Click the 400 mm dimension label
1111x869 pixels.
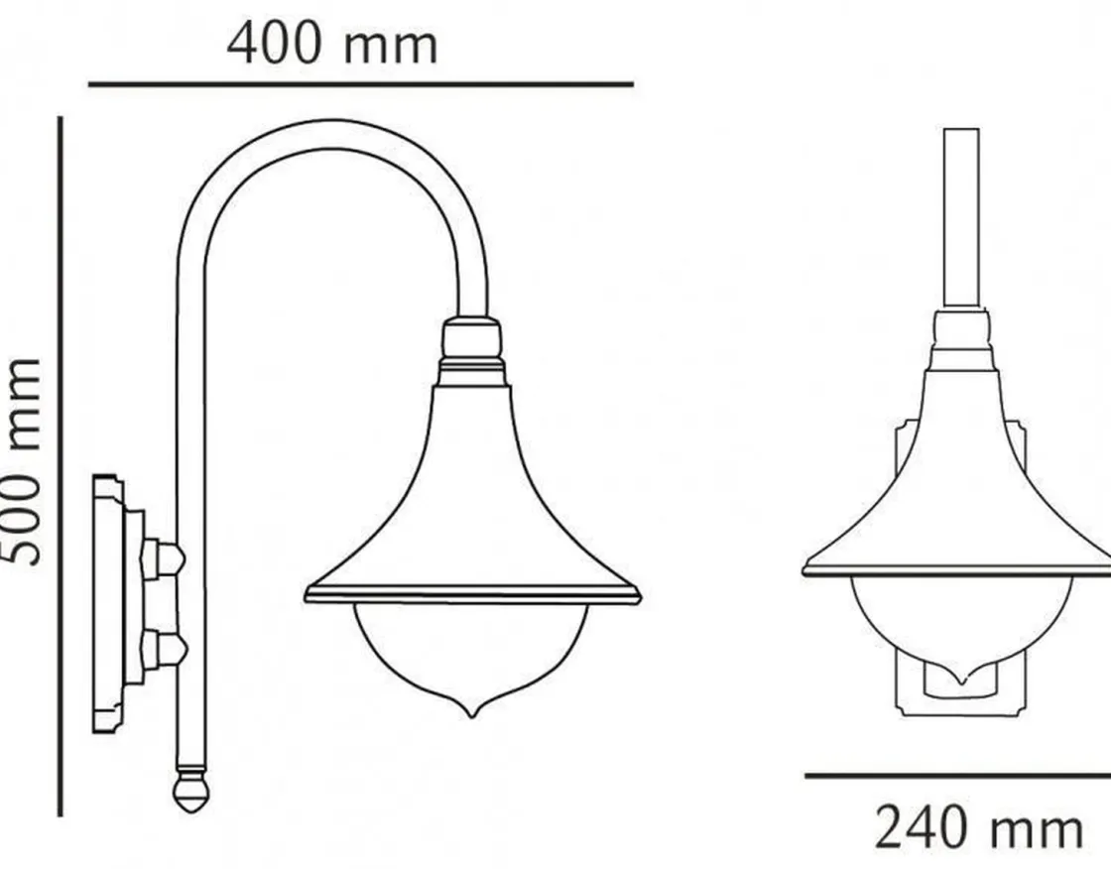click(x=331, y=44)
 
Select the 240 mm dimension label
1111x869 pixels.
click(x=979, y=827)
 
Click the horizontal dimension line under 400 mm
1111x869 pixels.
click(x=361, y=84)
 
